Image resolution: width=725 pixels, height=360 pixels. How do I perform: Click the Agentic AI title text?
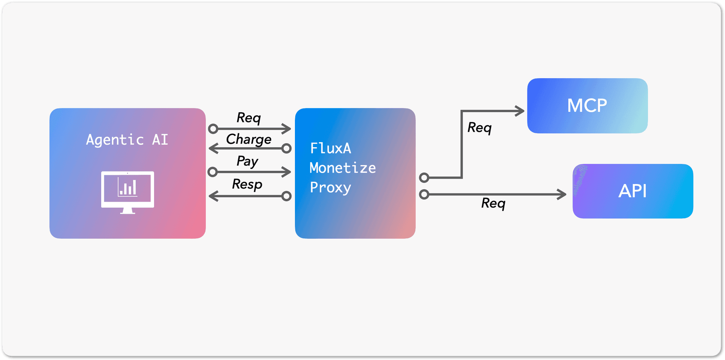tap(127, 140)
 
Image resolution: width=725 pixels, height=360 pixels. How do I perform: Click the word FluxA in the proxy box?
tap(330, 148)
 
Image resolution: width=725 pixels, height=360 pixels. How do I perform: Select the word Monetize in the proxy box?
tap(342, 168)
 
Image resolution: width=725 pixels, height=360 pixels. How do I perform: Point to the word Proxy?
tap(330, 187)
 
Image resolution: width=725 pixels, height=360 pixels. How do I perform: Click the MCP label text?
tap(587, 105)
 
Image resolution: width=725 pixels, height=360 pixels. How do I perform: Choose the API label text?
tap(632, 191)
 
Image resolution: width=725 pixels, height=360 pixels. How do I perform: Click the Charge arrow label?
tap(249, 139)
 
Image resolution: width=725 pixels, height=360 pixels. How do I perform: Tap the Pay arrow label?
tap(247, 161)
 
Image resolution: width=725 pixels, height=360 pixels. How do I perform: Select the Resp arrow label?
tap(247, 184)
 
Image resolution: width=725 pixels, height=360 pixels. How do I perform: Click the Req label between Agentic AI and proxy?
tap(248, 117)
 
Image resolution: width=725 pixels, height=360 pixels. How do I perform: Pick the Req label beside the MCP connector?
tap(479, 127)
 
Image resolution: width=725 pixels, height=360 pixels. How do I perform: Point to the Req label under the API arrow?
tap(493, 203)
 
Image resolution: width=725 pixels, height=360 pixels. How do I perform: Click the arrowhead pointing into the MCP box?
tap(521, 111)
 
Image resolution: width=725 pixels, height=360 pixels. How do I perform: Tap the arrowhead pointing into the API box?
tap(562, 194)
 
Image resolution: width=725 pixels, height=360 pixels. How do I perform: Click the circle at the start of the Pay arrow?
tap(213, 172)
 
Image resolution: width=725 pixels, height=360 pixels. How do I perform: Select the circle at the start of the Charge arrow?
tap(287, 148)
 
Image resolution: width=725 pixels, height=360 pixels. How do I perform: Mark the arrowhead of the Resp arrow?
tap(213, 196)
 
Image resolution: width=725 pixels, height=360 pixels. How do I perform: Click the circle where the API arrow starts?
tap(424, 194)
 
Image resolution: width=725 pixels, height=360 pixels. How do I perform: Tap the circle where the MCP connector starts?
tap(424, 177)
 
